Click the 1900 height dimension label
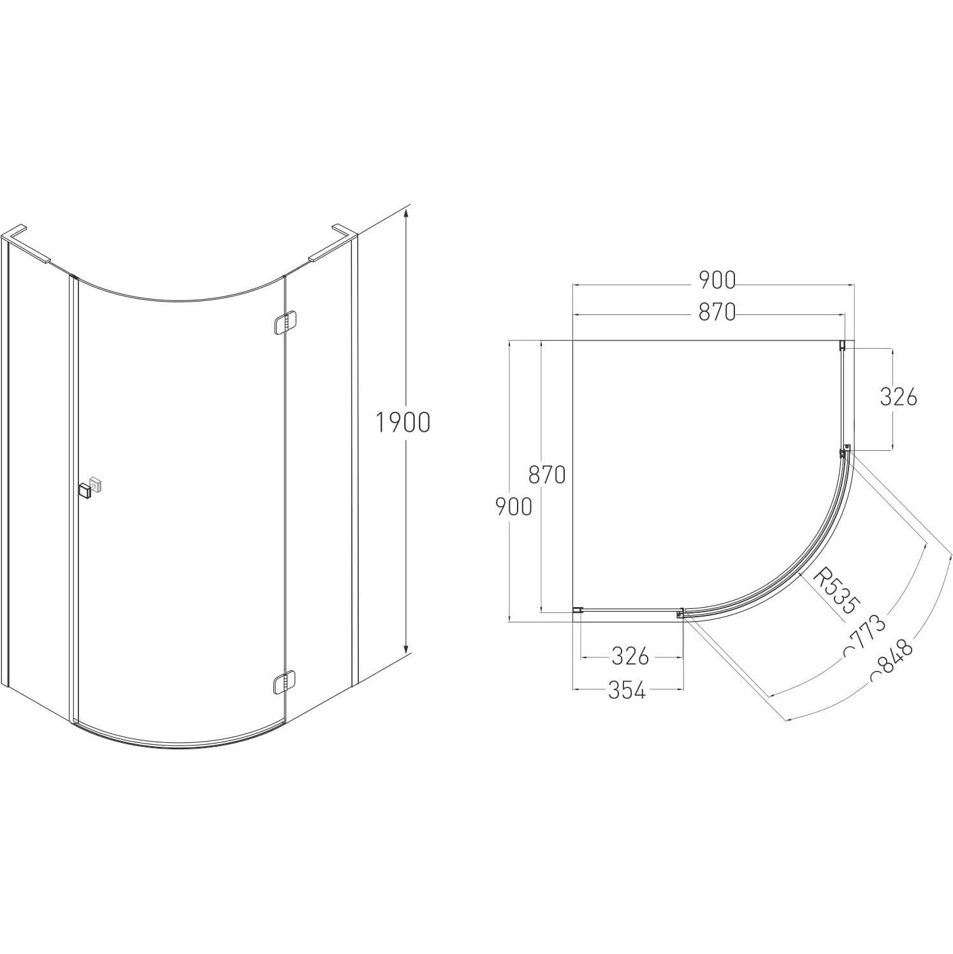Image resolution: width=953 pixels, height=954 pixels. point(402,422)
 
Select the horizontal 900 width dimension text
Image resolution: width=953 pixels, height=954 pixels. point(717,279)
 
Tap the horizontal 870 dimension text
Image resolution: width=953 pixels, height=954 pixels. point(717,312)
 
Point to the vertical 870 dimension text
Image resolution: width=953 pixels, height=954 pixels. point(547,474)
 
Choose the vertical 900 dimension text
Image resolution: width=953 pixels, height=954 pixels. point(514,506)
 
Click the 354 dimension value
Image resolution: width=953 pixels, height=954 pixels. point(627,690)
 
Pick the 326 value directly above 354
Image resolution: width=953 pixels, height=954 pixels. point(630,656)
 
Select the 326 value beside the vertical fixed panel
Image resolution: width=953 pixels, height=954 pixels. point(898,397)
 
